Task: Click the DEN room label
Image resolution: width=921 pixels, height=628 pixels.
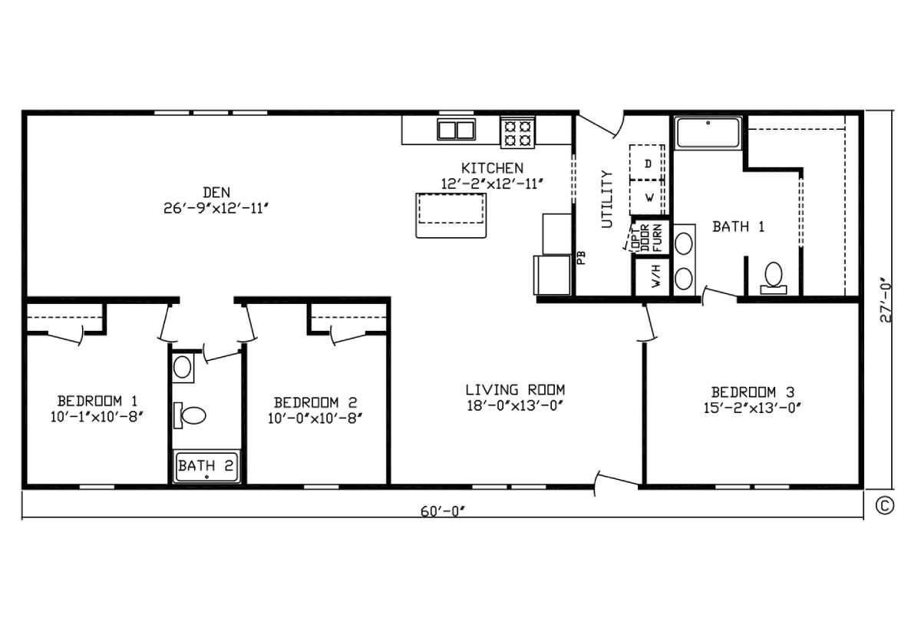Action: [x=216, y=193]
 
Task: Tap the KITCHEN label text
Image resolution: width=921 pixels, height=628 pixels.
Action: [x=492, y=168]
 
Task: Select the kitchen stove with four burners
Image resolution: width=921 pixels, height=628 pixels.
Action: [x=517, y=131]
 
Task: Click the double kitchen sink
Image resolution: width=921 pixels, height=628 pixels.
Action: [x=456, y=129]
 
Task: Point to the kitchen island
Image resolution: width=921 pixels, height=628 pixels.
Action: [x=451, y=216]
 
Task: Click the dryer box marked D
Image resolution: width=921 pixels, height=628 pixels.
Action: [x=647, y=162]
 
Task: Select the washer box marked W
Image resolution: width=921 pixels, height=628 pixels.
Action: [x=647, y=198]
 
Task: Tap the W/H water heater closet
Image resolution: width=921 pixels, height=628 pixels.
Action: [x=652, y=276]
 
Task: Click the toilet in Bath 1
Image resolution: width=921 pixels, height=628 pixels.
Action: [x=773, y=279]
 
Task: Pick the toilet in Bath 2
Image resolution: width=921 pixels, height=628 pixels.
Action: [x=190, y=415]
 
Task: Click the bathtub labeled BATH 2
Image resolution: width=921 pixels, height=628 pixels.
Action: [x=206, y=466]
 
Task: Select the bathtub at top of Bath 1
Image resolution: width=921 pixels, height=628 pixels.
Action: [x=708, y=132]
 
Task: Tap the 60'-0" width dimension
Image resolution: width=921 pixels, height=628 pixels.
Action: [x=442, y=511]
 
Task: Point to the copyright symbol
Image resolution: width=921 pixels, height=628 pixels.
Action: [x=884, y=505]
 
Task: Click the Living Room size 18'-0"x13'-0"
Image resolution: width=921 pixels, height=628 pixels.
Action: [x=514, y=406]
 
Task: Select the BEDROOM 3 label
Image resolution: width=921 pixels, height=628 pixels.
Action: [x=752, y=392]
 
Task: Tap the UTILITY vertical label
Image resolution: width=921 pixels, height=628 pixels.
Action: [x=607, y=199]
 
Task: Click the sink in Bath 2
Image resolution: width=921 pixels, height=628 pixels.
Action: [x=183, y=367]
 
